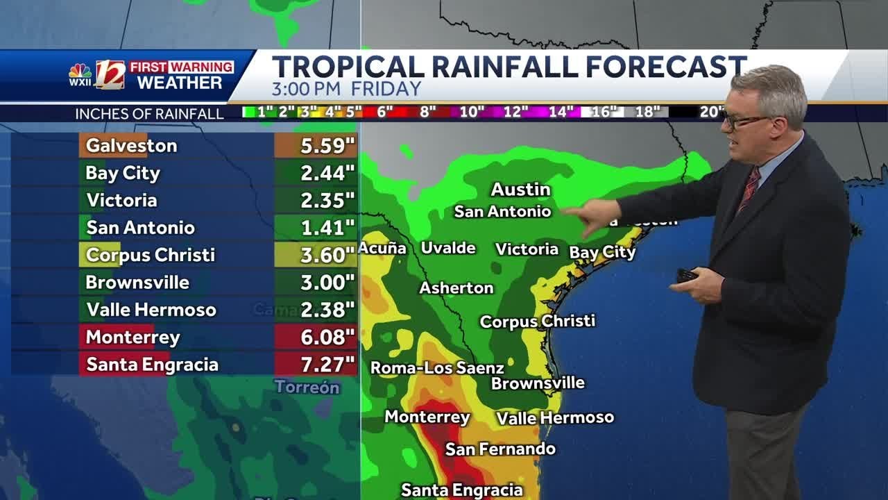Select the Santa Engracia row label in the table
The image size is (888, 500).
[152, 365]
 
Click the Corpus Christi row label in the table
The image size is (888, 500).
[150, 255]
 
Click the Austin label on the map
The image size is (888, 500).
[520, 189]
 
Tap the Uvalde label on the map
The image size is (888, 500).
[448, 248]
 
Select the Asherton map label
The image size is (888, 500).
[456, 287]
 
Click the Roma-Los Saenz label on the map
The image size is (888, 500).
[437, 367]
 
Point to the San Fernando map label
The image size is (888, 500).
[500, 449]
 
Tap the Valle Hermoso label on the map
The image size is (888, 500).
[555, 417]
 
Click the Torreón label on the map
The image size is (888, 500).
[307, 387]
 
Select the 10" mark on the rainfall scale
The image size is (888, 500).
[472, 112]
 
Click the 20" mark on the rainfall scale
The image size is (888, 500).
[712, 112]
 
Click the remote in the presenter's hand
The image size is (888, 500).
[687, 275]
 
